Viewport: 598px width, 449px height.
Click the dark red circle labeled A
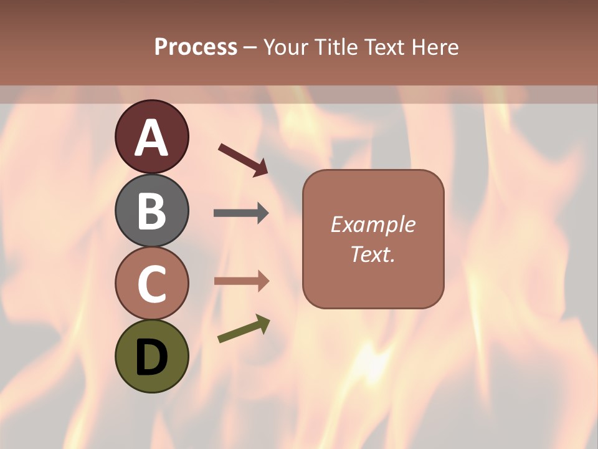151,137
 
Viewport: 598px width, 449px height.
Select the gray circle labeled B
151,210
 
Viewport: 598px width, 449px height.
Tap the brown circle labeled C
151,284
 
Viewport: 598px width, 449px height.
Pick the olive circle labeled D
151,357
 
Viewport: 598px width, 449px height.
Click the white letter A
151,138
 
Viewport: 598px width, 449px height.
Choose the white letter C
151,284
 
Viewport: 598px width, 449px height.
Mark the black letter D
151,358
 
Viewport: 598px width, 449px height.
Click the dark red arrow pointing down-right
243,160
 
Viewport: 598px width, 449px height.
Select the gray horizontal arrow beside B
241,213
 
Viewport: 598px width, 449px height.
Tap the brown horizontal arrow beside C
241,281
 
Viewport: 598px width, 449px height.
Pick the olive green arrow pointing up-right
244,329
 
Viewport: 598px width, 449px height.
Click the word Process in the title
196,47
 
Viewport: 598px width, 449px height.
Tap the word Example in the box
373,224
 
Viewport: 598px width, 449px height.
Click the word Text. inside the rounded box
373,254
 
